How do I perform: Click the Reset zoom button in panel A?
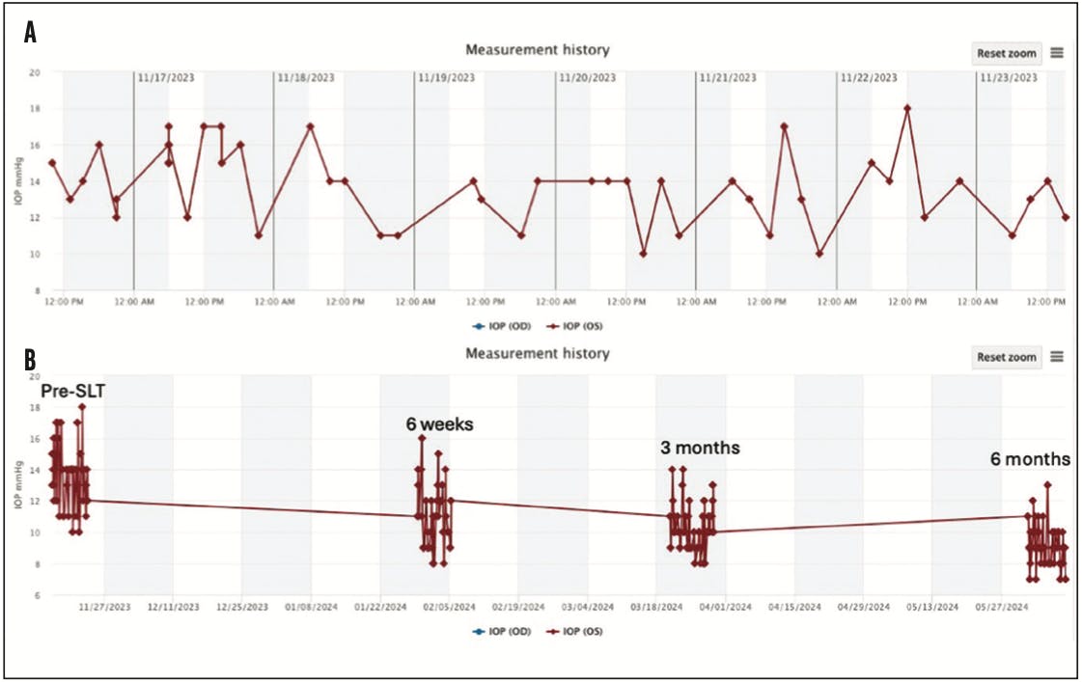[1006, 52]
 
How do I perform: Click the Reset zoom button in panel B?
[1006, 357]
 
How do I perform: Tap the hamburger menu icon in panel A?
[1057, 52]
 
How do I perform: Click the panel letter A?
[31, 33]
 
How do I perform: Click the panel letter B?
[31, 360]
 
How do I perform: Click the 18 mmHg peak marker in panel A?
[907, 108]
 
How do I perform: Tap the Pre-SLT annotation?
[72, 392]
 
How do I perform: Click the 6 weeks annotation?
[439, 423]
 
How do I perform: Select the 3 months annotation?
[699, 449]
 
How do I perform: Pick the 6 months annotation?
[1030, 458]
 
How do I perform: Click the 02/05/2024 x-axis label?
[449, 607]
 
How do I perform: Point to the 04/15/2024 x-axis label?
[793, 607]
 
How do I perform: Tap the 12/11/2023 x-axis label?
[174, 607]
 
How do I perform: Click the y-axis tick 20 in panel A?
[34, 72]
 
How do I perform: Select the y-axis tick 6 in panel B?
[37, 595]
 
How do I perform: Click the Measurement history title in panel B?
[538, 353]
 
